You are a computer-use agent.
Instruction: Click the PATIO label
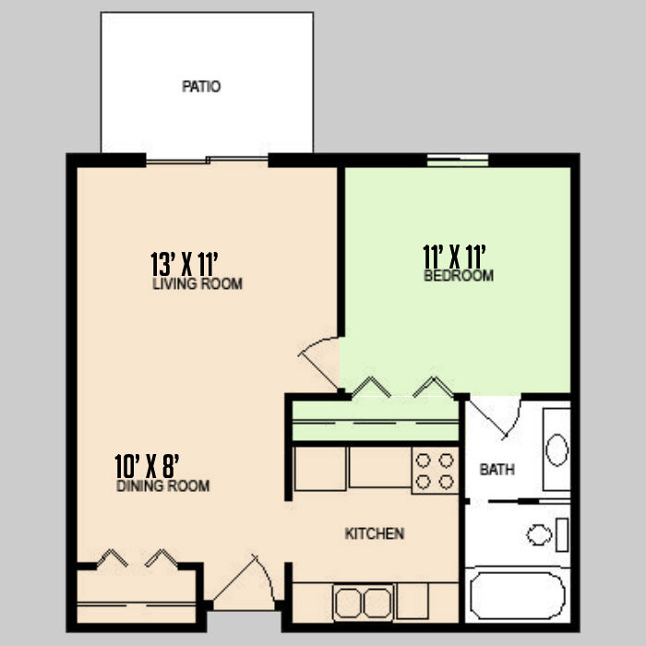pyautogui.click(x=201, y=88)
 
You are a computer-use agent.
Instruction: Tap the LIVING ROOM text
pyautogui.click(x=197, y=284)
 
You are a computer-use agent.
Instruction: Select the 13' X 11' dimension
pyautogui.click(x=189, y=263)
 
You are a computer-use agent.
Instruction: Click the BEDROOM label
pyautogui.click(x=459, y=276)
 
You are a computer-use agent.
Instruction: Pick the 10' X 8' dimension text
pyautogui.click(x=152, y=465)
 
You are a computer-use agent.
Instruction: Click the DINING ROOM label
pyautogui.click(x=163, y=486)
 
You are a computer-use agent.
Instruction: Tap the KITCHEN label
pyautogui.click(x=374, y=533)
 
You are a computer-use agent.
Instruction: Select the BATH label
pyautogui.click(x=496, y=470)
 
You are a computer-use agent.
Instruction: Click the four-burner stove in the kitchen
pyautogui.click(x=435, y=471)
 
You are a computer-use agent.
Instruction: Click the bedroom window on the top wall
pyautogui.click(x=458, y=161)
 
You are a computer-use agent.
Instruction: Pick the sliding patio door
pyautogui.click(x=207, y=161)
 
